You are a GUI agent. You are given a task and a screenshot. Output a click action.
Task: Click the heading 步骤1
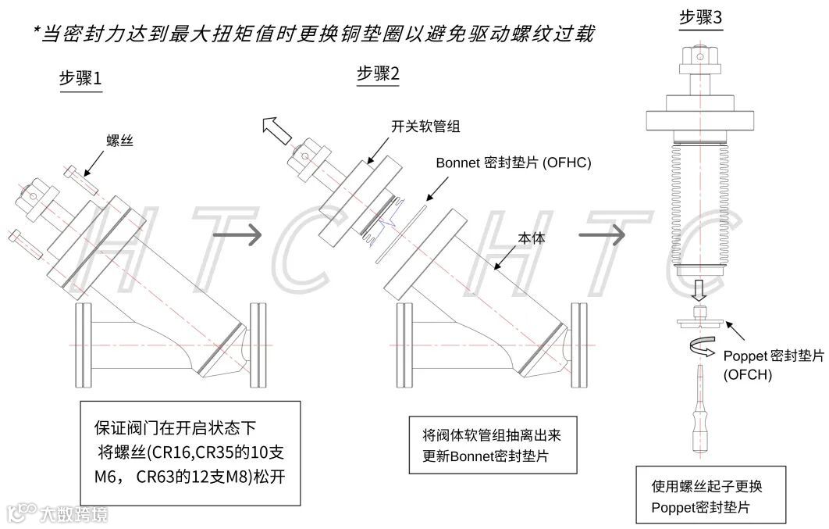click(x=80, y=79)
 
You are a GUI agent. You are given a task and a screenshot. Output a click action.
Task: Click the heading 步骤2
click(x=378, y=73)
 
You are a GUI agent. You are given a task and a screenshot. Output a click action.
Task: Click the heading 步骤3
click(x=701, y=17)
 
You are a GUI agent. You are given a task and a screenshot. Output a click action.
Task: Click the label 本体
click(x=532, y=239)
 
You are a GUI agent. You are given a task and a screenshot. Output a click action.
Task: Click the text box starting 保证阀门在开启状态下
click(x=190, y=453)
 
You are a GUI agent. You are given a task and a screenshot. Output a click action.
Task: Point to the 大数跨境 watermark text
click(x=74, y=513)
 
